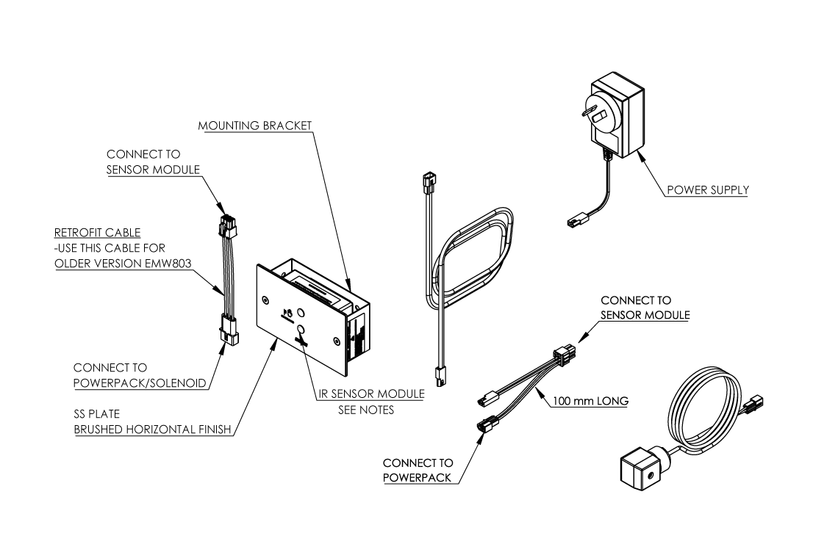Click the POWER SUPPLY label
click(707, 190)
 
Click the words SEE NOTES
click(366, 410)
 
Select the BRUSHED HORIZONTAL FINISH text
click(153, 430)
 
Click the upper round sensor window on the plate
click(301, 311)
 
